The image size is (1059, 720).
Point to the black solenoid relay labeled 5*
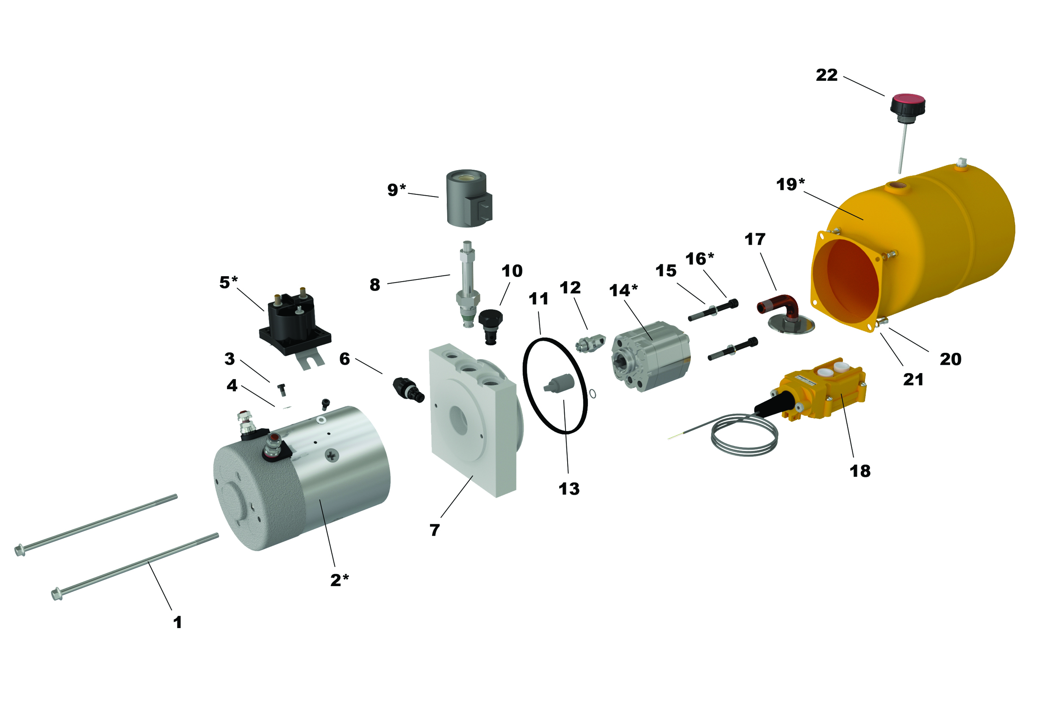pos(295,324)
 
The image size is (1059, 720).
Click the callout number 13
pos(569,489)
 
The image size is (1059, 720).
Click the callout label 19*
pos(790,184)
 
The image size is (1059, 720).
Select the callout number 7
pos(435,530)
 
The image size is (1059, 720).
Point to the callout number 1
pos(178,623)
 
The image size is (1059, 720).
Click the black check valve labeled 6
pos(408,390)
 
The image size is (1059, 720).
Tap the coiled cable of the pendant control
pos(744,435)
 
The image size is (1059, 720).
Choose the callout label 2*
pos(339,581)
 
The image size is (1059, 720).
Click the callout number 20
pos(951,360)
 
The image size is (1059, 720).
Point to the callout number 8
pos(374,285)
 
